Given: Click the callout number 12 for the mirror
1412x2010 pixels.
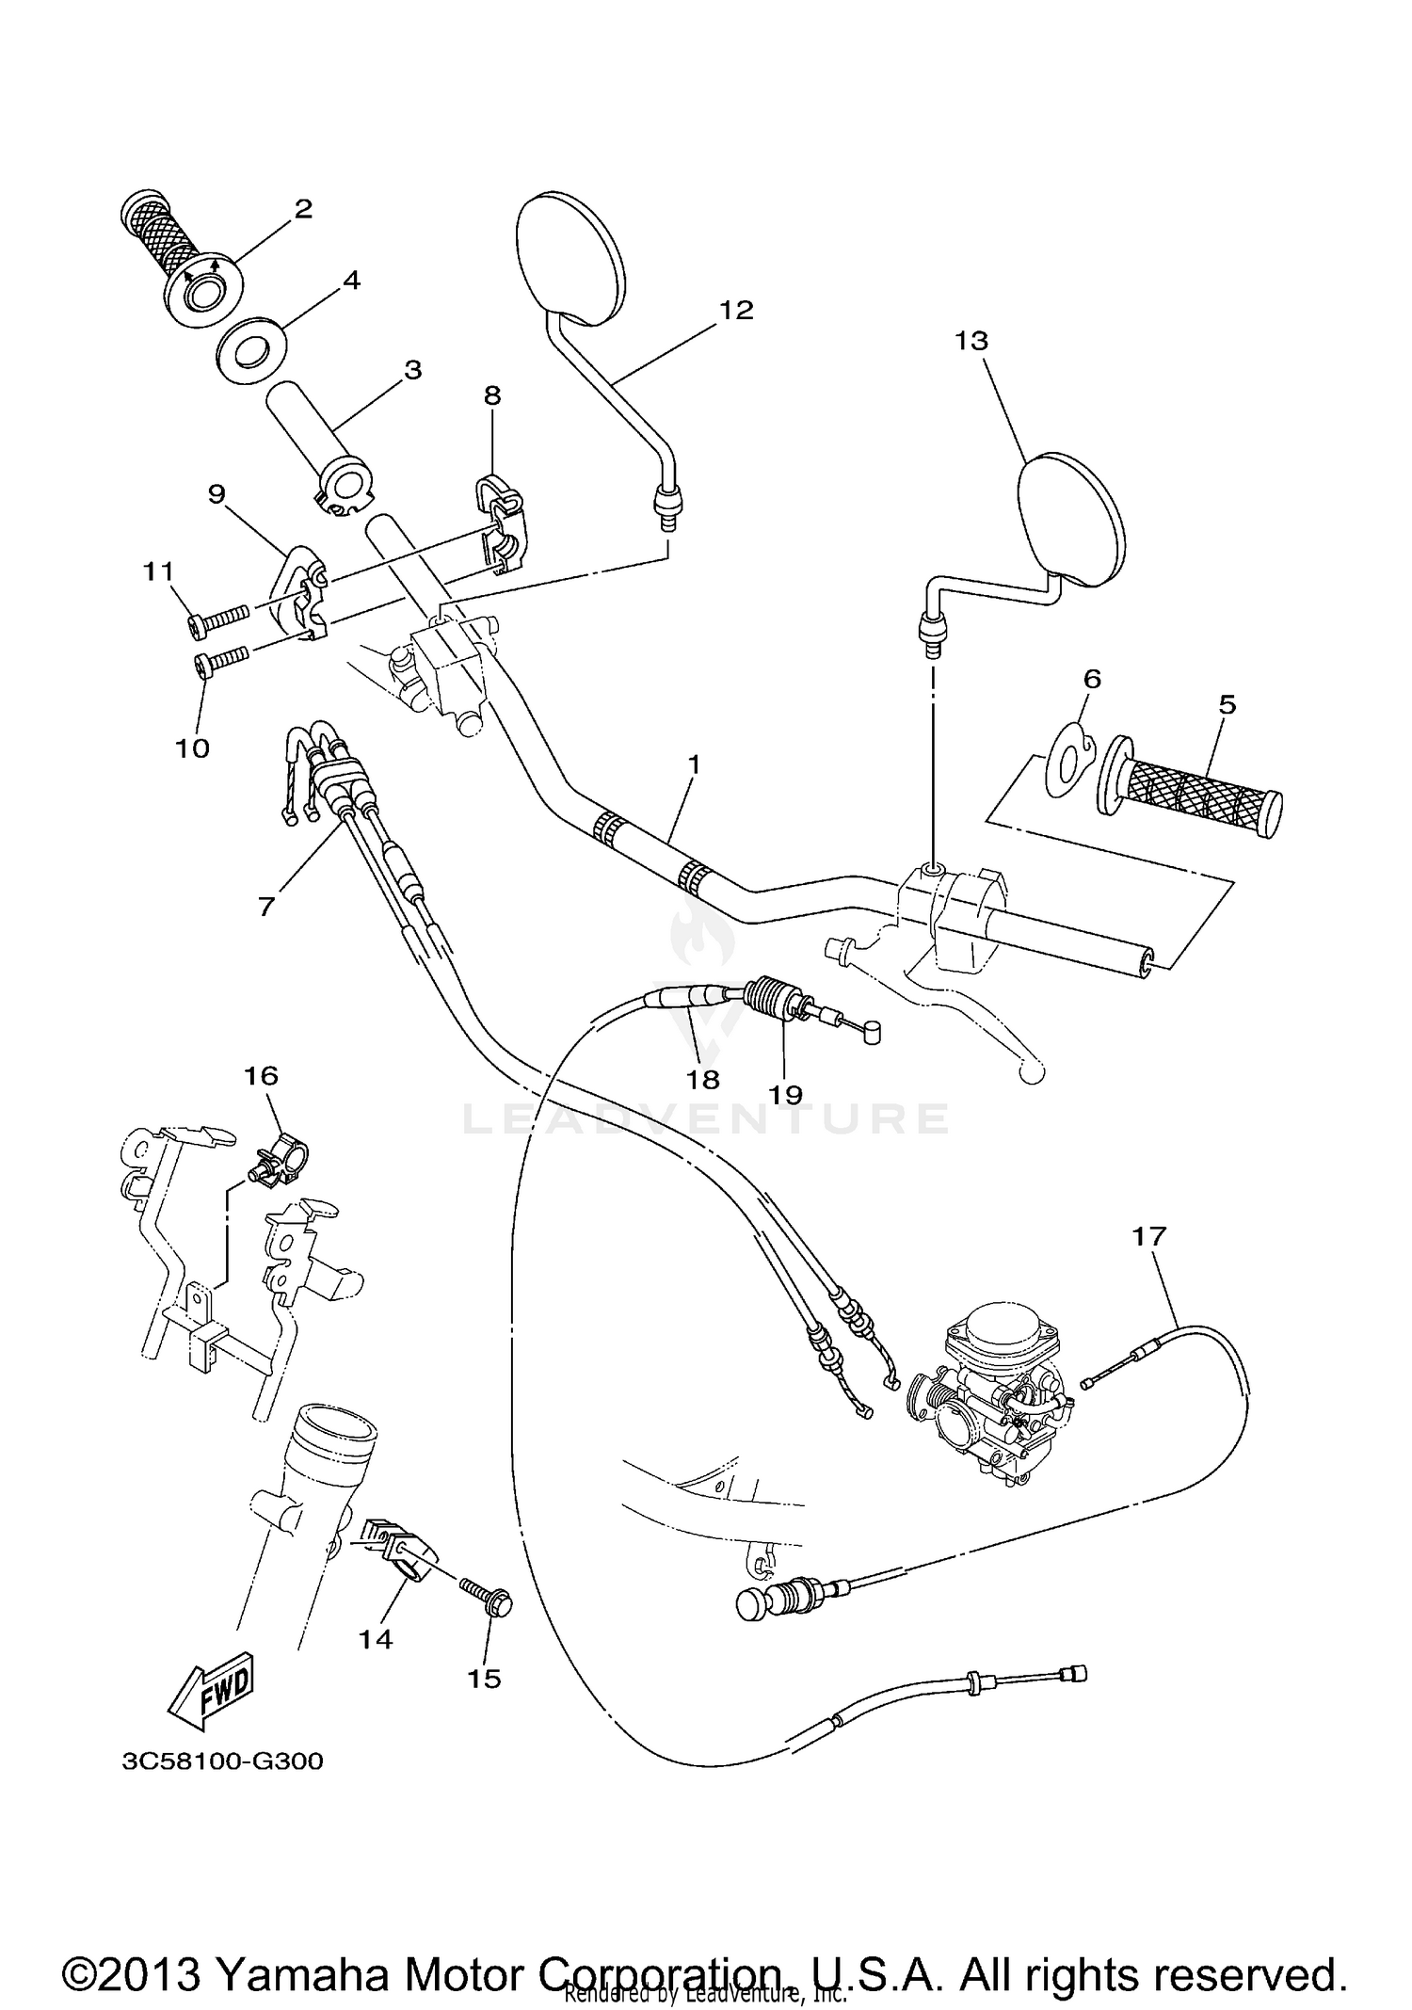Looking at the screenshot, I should click(x=737, y=310).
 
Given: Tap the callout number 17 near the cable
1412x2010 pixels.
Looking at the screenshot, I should click(x=1149, y=1236).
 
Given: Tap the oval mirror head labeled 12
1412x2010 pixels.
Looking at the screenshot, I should click(x=570, y=260).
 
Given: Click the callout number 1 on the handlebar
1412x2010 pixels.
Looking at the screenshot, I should click(x=694, y=764).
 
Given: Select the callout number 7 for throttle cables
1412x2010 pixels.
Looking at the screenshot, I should click(x=266, y=906).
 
